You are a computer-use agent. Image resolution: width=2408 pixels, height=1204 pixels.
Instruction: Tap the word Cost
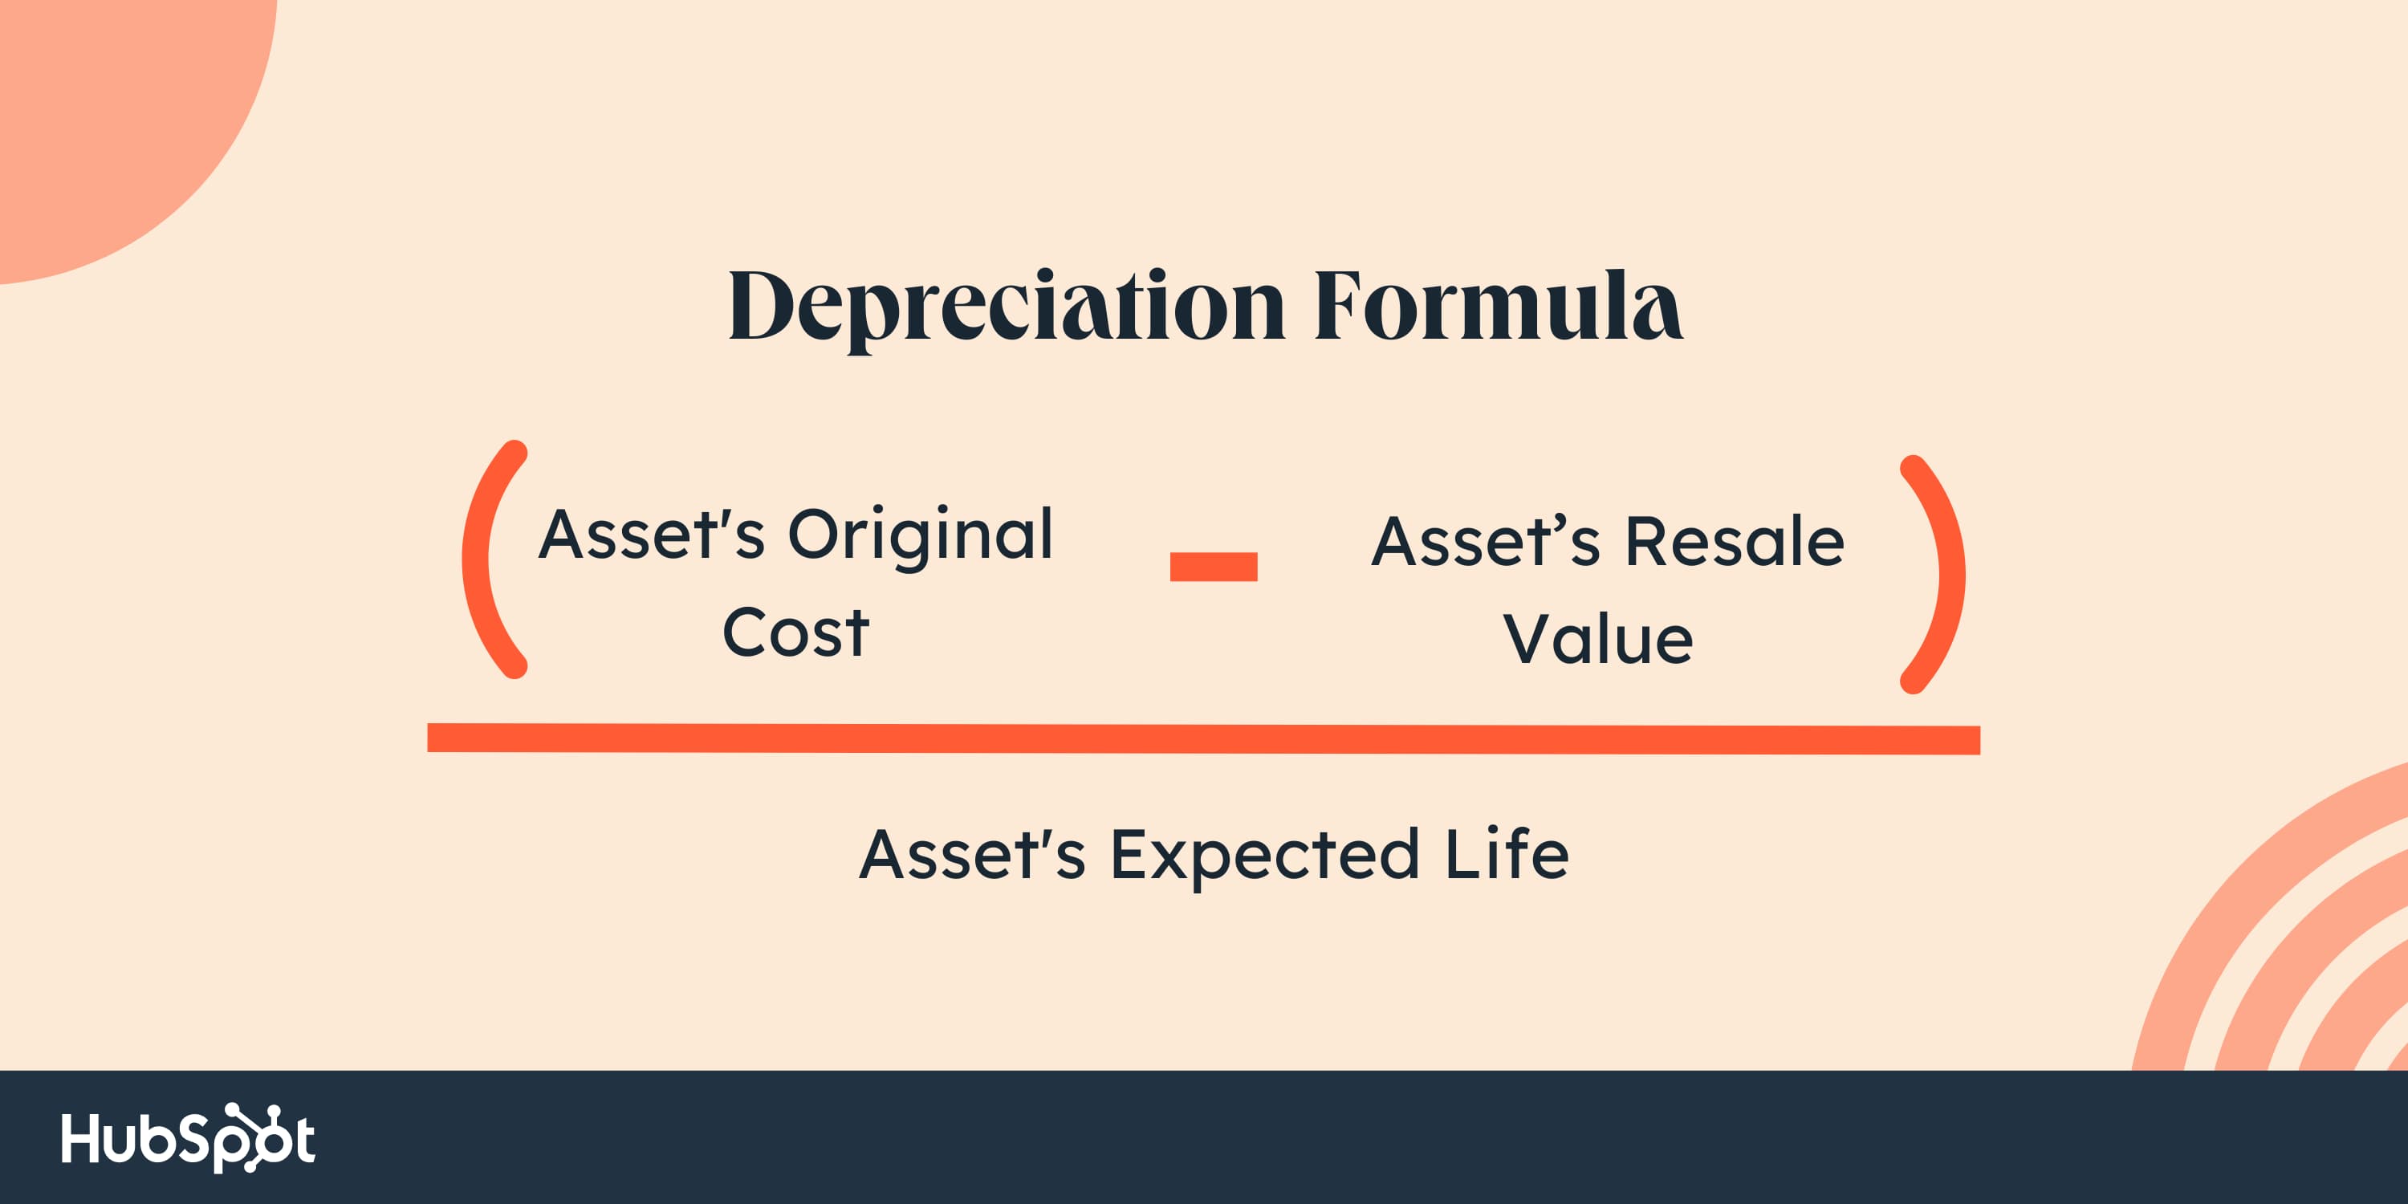[795, 633]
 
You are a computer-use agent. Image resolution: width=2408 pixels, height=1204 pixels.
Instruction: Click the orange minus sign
[1214, 567]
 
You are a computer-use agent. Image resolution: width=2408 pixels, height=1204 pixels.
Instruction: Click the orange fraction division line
[1204, 738]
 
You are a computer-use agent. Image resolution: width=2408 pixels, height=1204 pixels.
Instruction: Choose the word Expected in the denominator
[1266, 856]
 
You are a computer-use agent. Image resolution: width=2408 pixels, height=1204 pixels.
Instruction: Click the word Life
[1507, 853]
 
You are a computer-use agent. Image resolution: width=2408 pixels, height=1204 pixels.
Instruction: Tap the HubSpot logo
[188, 1137]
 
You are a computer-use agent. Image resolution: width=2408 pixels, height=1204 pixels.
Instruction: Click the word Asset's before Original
[652, 535]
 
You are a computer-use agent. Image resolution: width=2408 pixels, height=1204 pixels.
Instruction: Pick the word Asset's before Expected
[972, 853]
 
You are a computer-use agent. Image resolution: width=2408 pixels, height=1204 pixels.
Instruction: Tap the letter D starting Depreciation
[761, 305]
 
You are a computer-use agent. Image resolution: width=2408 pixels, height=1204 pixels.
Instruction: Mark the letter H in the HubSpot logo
[79, 1138]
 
